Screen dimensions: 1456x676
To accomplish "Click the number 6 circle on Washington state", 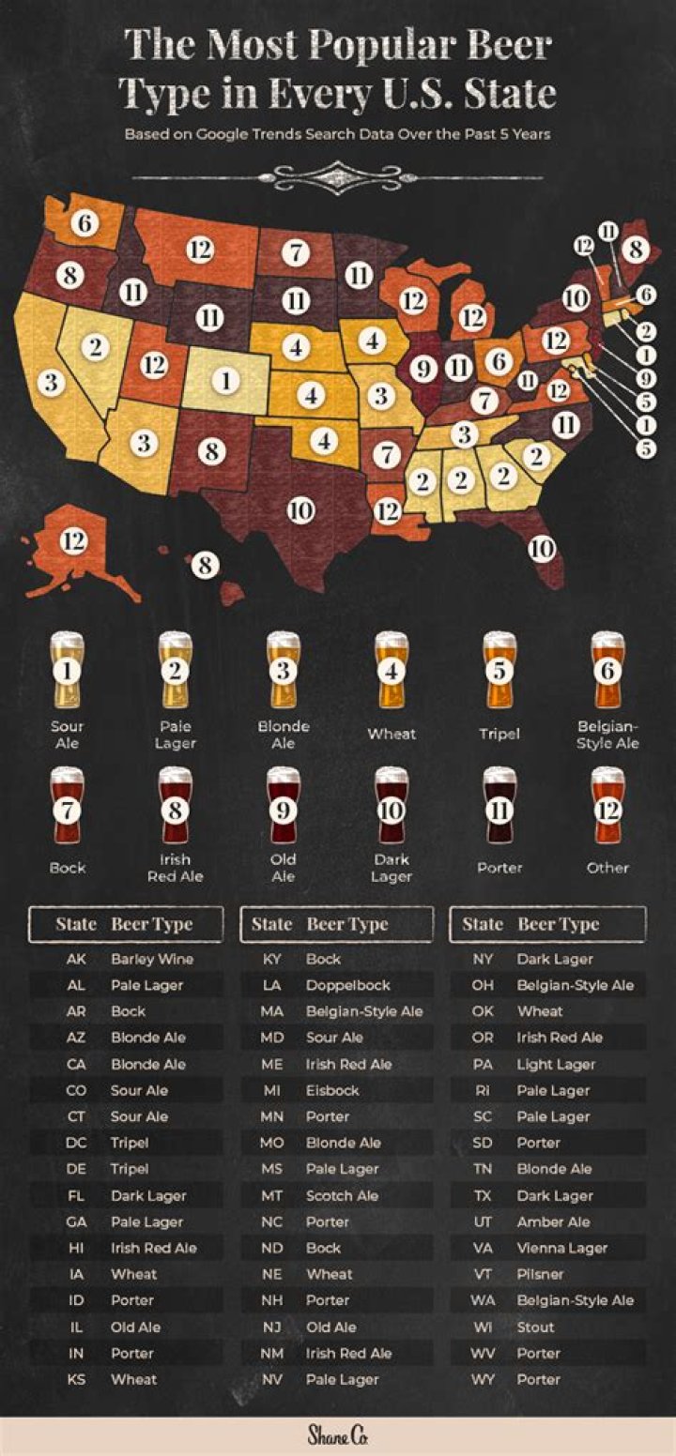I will (87, 223).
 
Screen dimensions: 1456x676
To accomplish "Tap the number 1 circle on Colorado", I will (226, 380).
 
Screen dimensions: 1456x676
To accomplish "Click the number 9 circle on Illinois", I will (424, 369).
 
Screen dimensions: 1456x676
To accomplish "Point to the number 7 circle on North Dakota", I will (297, 251).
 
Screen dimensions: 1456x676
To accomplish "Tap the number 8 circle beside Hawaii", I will (206, 564).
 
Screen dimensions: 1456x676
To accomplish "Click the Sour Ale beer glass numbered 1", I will (68, 671).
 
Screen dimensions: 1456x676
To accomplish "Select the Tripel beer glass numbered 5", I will (499, 671).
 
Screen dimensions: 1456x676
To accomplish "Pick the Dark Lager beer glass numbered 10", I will (392, 808).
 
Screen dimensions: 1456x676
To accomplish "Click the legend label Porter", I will (499, 868).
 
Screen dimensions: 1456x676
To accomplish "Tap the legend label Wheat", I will (392, 734).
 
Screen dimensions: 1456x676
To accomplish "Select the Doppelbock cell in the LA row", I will (348, 986).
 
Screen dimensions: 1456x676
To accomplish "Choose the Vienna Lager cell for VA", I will (561, 1249).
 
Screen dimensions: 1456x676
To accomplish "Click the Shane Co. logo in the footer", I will (338, 1434).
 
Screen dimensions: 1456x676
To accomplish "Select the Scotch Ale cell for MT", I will (342, 1196).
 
